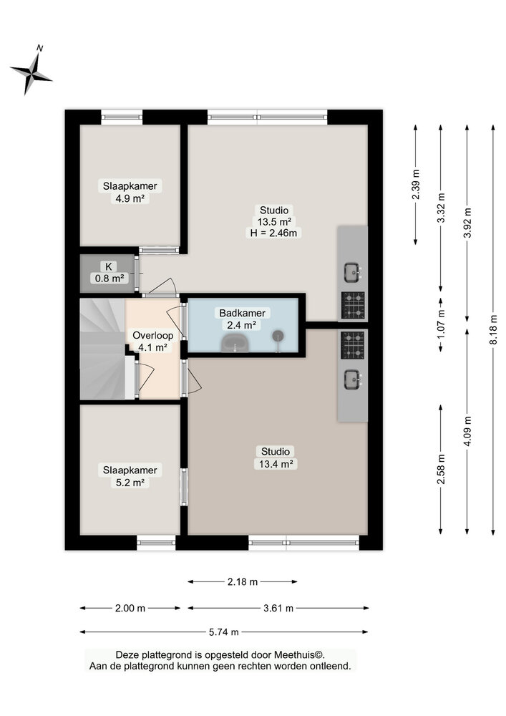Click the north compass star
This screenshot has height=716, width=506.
pyautogui.click(x=31, y=72)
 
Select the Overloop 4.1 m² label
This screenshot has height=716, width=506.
pyautogui.click(x=153, y=341)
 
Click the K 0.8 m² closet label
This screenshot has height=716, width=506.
pyautogui.click(x=109, y=272)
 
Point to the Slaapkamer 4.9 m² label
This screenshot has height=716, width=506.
pyautogui.click(x=130, y=192)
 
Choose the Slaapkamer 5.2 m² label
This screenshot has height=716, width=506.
pyautogui.click(x=130, y=476)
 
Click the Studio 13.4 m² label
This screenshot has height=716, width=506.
pyautogui.click(x=275, y=458)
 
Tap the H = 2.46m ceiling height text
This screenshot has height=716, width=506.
pyautogui.click(x=273, y=233)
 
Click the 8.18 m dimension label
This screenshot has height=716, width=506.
pyautogui.click(x=493, y=329)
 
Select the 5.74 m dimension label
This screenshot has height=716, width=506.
pyautogui.click(x=223, y=632)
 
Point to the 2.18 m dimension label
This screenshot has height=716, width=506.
pyautogui.click(x=243, y=581)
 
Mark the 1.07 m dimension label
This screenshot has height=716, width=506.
pyautogui.click(x=441, y=325)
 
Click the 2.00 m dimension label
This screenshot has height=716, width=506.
pyautogui.click(x=130, y=608)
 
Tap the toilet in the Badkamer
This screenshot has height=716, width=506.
pyautogui.click(x=235, y=342)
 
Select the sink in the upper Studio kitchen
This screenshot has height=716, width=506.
pyautogui.click(x=352, y=272)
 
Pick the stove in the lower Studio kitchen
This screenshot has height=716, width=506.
pyautogui.click(x=353, y=345)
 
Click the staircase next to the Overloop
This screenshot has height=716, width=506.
pyautogui.click(x=103, y=349)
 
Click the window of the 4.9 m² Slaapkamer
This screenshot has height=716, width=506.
pyautogui.click(x=122, y=117)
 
